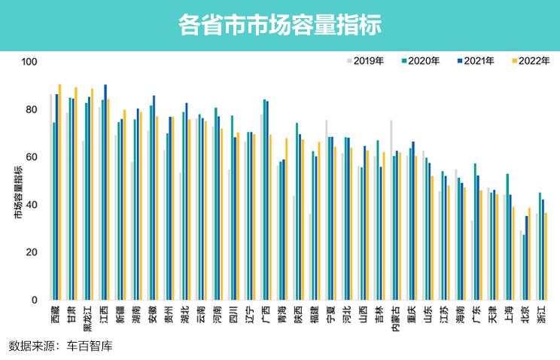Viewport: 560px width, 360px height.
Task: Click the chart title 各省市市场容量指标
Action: click(280, 25)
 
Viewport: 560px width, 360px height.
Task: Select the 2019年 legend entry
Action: click(369, 60)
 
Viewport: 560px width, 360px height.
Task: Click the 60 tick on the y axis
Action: click(31, 157)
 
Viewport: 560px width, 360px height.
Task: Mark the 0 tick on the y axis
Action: click(34, 301)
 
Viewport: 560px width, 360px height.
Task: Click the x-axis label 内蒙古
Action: click(395, 319)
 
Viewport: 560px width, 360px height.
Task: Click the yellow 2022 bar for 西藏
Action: click(60, 192)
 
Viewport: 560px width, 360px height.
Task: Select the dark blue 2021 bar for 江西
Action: click(105, 192)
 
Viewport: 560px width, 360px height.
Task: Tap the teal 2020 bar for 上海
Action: click(507, 236)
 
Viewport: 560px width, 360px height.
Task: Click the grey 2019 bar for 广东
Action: click(471, 260)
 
